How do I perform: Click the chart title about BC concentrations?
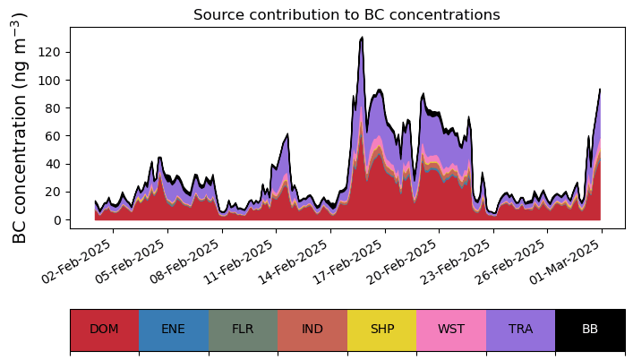(346, 14)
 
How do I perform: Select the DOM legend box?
(104, 330)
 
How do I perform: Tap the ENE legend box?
(174, 330)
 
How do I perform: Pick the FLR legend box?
(243, 330)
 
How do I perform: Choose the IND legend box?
(312, 330)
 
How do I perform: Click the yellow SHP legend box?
(381, 330)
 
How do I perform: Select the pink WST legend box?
(451, 330)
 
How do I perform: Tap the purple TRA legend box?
(520, 330)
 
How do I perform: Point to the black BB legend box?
(590, 330)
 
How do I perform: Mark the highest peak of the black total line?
(362, 38)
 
